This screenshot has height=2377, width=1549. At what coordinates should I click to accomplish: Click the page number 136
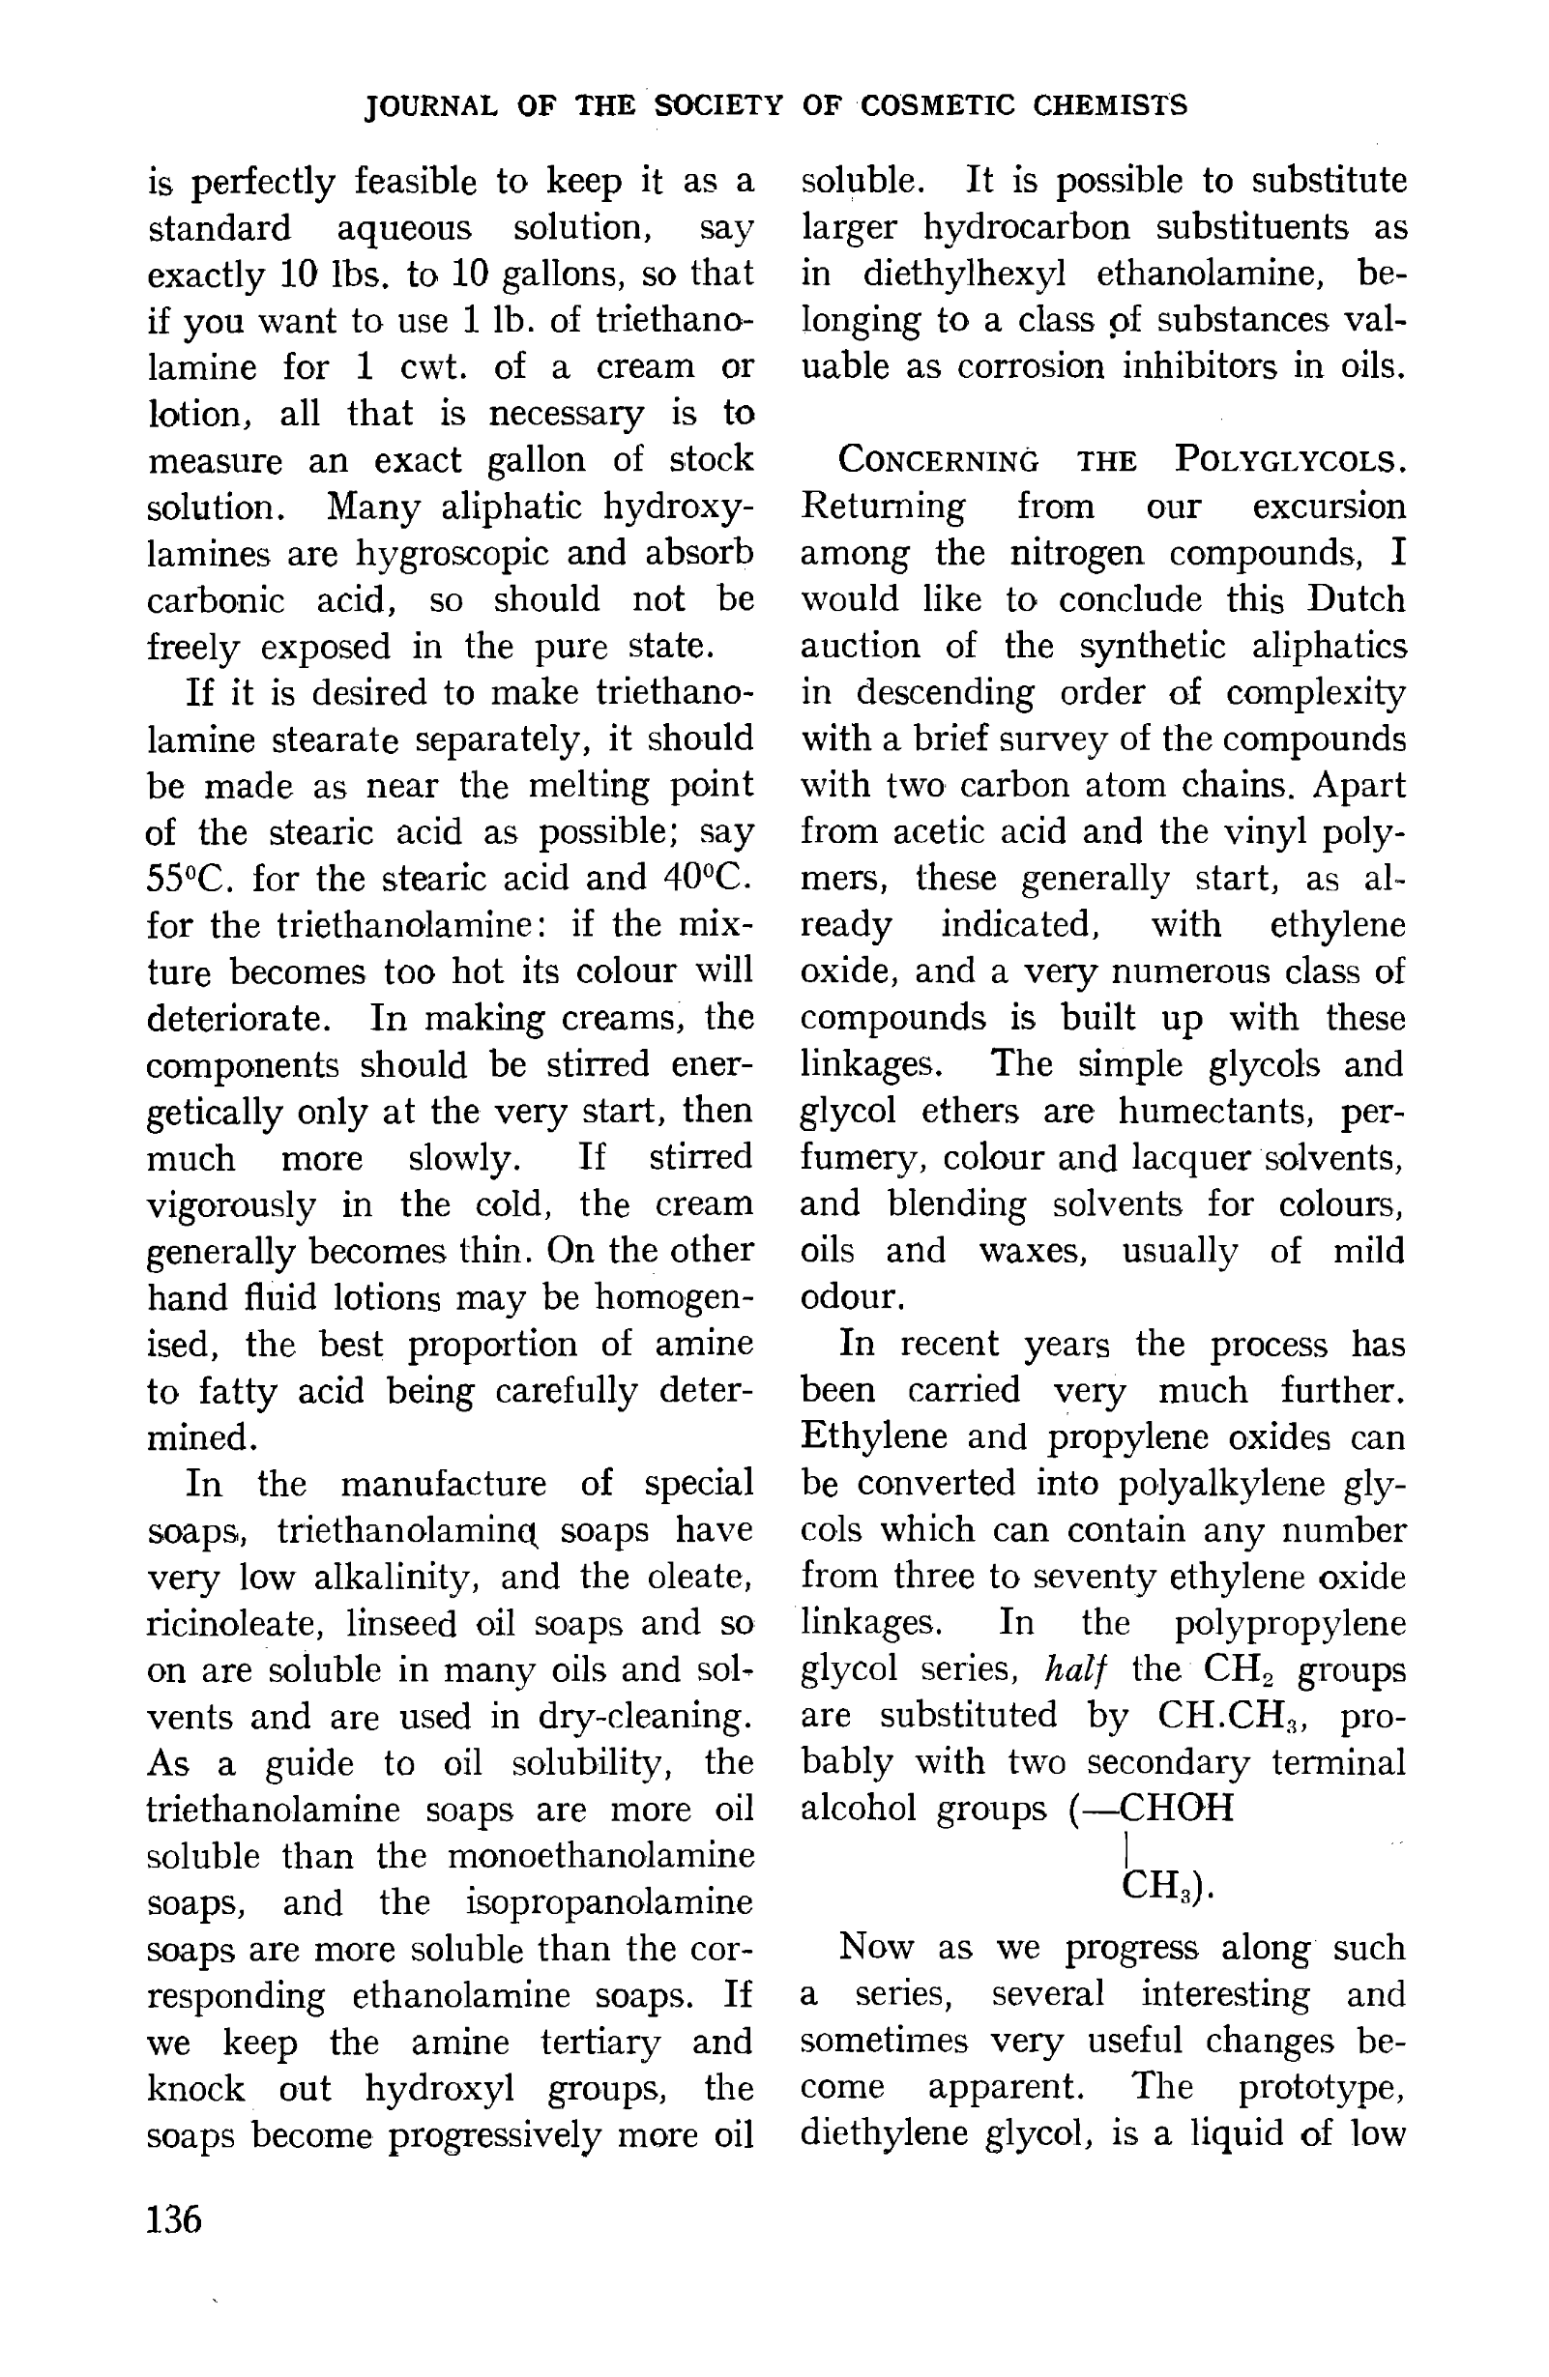[x=174, y=2219]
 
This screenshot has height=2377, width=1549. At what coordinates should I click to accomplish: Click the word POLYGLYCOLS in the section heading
[x=1289, y=460]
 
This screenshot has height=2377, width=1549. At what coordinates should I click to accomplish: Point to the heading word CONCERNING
[x=938, y=461]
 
